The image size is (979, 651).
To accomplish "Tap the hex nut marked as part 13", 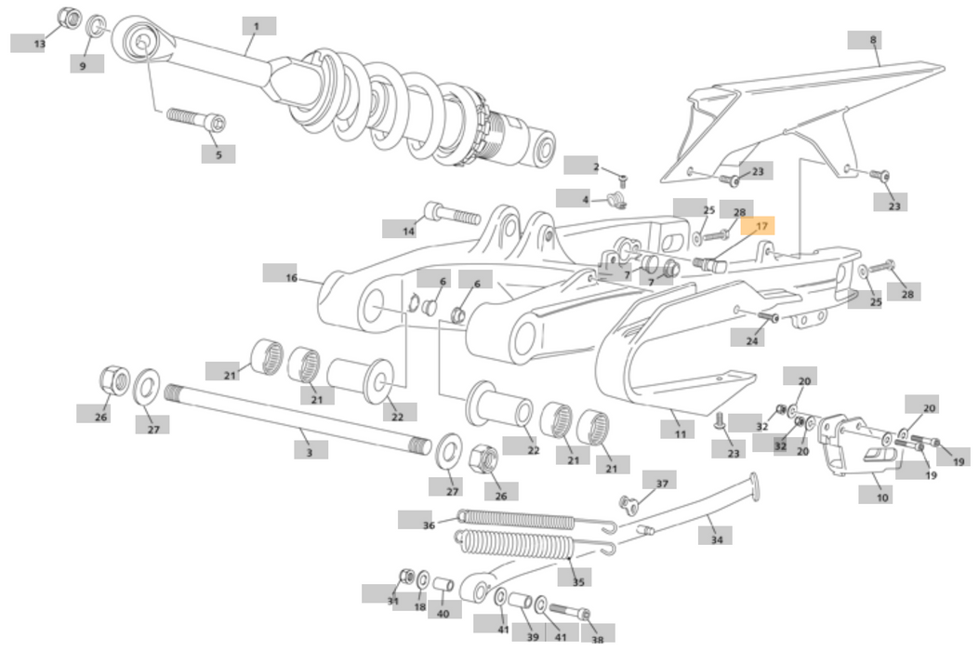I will pyautogui.click(x=68, y=18).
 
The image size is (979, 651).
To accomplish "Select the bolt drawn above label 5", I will pyautogui.click(x=196, y=119).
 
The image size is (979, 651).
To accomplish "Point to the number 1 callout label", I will pyautogui.click(x=258, y=26).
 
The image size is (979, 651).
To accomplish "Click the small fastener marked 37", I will pyautogui.click(x=628, y=503).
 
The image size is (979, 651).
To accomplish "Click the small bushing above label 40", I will pyautogui.click(x=443, y=584).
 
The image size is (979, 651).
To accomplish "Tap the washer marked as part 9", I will pyautogui.click(x=96, y=25).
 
